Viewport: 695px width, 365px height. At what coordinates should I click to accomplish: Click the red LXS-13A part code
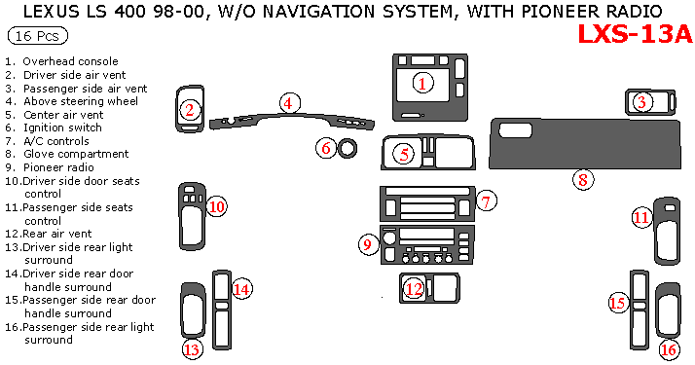point(635,34)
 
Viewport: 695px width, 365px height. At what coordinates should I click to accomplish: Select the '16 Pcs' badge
point(38,36)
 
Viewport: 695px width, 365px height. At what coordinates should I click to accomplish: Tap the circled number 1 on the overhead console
point(422,83)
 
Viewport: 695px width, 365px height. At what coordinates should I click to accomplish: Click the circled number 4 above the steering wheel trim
point(290,103)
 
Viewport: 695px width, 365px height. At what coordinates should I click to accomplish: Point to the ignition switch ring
point(347,148)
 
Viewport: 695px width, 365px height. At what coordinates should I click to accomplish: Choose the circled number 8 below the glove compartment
point(583,180)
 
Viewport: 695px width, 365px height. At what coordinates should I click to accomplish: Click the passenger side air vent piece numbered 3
point(650,102)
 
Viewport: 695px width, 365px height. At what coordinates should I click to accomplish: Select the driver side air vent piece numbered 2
point(190,109)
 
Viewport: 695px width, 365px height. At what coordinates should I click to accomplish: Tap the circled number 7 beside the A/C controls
point(487,201)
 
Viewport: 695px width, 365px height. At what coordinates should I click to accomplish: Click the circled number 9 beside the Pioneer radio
point(368,244)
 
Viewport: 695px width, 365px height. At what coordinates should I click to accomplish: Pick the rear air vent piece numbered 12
point(429,288)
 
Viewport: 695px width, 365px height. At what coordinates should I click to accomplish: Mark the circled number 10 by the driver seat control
point(217,206)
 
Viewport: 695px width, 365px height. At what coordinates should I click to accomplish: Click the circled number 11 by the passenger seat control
point(641,217)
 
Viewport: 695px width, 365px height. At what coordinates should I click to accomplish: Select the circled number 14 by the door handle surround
point(242,289)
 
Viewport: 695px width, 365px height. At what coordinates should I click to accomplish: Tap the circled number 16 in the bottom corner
point(669,350)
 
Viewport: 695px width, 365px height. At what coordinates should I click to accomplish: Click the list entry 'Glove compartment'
point(76,154)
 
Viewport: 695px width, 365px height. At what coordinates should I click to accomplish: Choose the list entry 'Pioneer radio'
point(58,167)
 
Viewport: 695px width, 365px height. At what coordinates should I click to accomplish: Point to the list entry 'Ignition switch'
point(62,128)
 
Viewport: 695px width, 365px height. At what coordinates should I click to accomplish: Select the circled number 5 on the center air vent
point(404,155)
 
